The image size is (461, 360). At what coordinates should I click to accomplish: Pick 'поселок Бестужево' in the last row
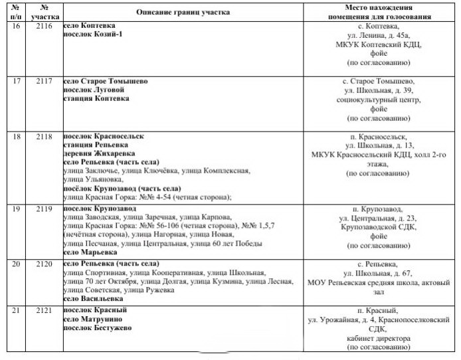click(97, 327)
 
